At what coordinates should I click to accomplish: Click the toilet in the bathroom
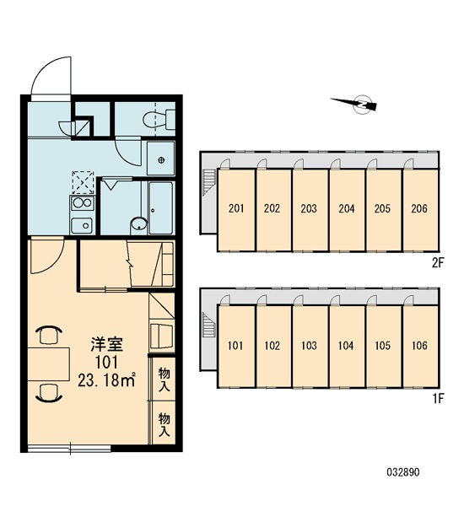click(159, 120)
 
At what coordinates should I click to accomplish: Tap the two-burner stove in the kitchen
click(83, 203)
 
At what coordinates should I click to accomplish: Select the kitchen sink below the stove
click(82, 225)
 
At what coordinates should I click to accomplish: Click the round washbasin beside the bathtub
click(139, 224)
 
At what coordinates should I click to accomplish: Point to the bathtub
click(161, 207)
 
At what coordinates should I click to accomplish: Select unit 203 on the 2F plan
click(310, 210)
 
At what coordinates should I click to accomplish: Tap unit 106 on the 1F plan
click(420, 346)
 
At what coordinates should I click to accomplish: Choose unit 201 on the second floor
click(236, 210)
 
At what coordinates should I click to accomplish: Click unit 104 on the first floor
click(347, 346)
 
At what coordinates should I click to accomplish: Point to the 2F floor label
click(438, 263)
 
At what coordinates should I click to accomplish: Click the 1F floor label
click(438, 399)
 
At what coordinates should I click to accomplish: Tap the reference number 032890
click(403, 472)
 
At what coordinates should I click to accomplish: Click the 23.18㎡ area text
click(106, 381)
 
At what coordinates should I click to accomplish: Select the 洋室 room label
click(106, 344)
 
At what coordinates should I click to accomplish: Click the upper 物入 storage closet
click(164, 379)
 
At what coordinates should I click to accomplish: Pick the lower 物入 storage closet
click(164, 423)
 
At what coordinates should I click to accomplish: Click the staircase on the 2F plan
click(209, 183)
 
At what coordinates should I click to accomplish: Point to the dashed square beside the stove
click(83, 182)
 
